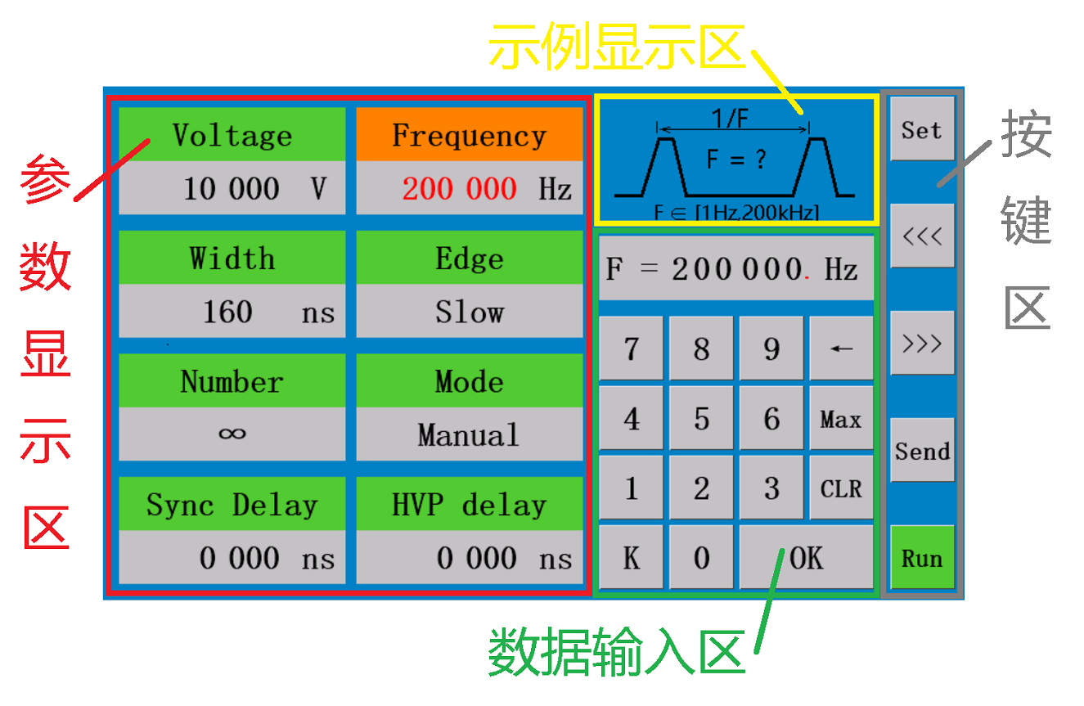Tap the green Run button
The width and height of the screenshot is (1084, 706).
(x=922, y=557)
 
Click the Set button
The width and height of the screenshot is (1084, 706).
(x=922, y=128)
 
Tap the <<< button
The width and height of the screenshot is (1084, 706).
(x=922, y=236)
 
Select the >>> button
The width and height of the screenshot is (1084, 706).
(x=922, y=343)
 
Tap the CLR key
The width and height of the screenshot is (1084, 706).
(x=841, y=488)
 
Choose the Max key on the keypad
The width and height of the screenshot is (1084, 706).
(x=841, y=417)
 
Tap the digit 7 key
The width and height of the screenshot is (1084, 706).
(x=631, y=348)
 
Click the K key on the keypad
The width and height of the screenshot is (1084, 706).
(x=631, y=557)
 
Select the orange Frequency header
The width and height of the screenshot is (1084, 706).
(x=470, y=134)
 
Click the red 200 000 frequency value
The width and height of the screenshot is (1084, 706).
(x=459, y=188)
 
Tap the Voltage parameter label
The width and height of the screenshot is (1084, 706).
(x=232, y=135)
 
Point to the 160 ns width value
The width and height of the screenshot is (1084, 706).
(x=268, y=312)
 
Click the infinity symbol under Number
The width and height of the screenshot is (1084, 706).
(x=232, y=433)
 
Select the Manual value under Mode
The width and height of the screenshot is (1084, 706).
(x=469, y=434)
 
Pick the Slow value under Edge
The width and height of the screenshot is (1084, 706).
(x=470, y=311)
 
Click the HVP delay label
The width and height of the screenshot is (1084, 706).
(x=469, y=506)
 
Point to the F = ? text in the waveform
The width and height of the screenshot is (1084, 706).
(x=736, y=159)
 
